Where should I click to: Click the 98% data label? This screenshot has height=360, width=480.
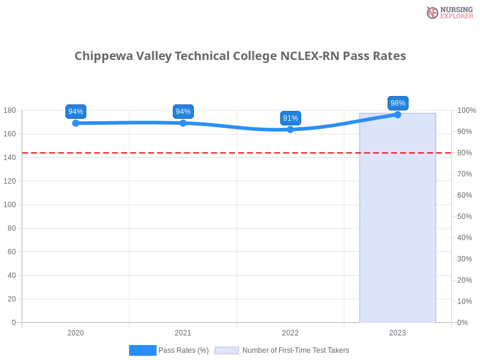398,103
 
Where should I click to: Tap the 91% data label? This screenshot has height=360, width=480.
290,118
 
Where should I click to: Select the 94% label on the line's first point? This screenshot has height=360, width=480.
76,112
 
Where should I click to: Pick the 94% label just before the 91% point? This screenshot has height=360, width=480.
183,112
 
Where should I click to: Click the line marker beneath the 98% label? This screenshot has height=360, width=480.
397,114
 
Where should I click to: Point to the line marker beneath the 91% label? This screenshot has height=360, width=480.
290,129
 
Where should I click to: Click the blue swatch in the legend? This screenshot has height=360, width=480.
142,350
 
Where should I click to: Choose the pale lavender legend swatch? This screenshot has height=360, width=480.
227,350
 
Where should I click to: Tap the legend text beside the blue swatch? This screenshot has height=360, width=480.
185,350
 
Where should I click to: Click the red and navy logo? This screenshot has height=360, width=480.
448,12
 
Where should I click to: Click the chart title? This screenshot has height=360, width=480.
240,56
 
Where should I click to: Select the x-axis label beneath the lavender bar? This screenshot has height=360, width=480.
398,331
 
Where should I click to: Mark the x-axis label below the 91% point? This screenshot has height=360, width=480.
290,331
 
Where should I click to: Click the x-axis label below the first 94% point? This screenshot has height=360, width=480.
76,331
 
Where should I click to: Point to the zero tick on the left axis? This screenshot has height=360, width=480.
13,322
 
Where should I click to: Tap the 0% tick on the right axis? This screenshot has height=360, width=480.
463,322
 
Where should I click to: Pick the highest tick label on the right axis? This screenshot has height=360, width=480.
466,110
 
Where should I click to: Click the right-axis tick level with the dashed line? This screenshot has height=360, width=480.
465,153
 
